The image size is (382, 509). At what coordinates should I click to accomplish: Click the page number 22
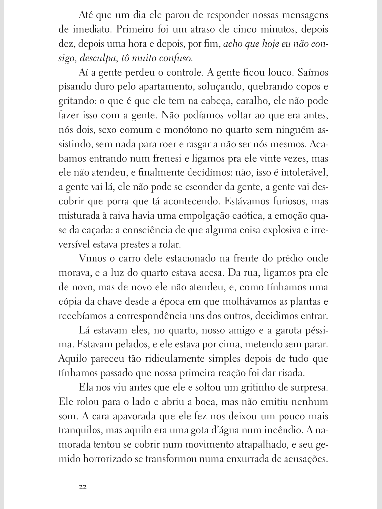click(x=83, y=487)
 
